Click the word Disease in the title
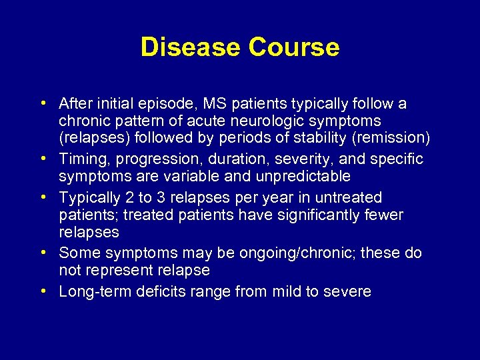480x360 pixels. [x=191, y=47]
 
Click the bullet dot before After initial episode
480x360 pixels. [x=43, y=104]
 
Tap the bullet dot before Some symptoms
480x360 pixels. [x=43, y=254]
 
